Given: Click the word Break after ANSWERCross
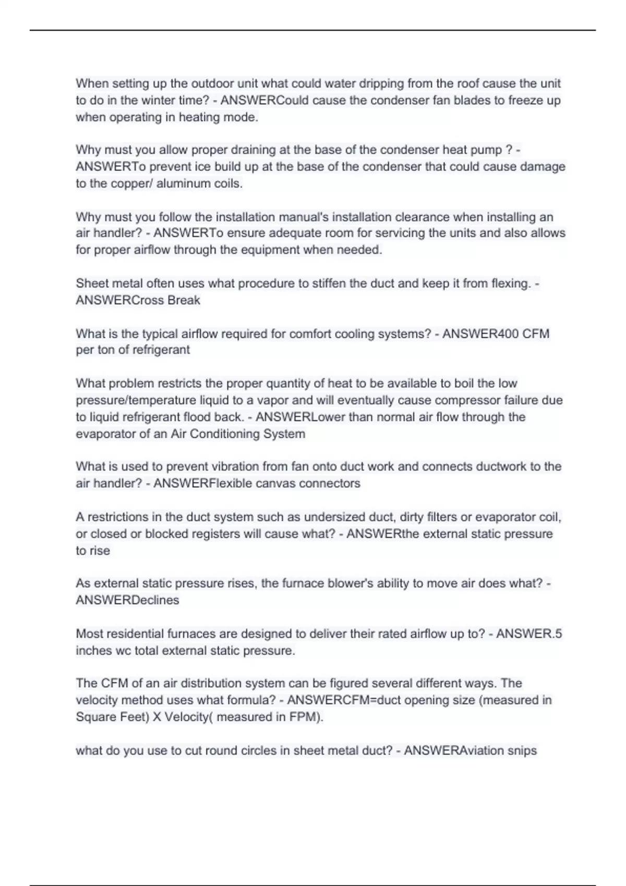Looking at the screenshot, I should pos(184,300).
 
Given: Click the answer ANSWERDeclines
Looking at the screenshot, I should pos(127,600).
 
